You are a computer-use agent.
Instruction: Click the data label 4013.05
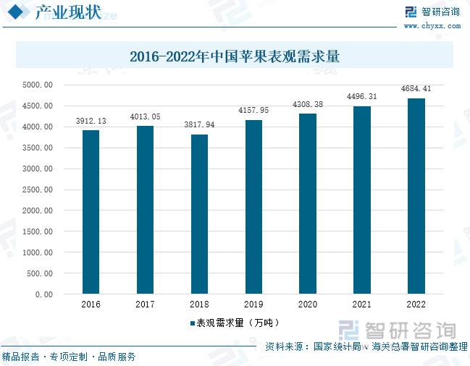(146, 116)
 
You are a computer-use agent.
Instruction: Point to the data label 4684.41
(416, 89)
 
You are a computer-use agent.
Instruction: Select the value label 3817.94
(199, 125)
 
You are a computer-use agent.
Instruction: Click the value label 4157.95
(253, 111)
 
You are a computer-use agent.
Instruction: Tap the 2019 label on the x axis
(253, 305)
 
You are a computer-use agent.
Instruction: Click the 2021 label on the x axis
(361, 305)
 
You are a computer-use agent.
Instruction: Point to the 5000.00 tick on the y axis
(38, 85)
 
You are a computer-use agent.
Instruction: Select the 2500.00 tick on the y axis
(38, 190)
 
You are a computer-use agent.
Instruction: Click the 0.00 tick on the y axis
(43, 294)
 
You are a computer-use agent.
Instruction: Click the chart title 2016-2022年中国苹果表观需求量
(235, 56)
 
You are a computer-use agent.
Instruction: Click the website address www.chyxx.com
(432, 25)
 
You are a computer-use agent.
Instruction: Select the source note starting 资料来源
(366, 346)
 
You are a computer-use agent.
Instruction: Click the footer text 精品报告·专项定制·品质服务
(69, 357)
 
